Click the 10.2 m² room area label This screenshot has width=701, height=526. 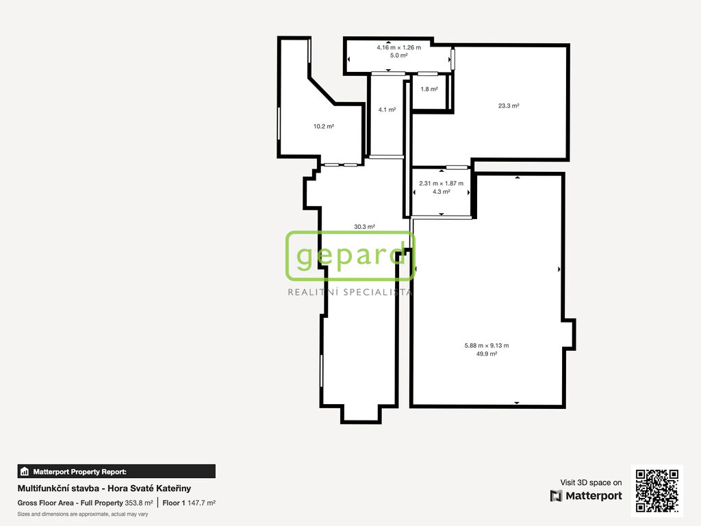(324, 127)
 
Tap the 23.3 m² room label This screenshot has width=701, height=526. (509, 106)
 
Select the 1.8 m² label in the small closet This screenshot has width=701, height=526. (429, 89)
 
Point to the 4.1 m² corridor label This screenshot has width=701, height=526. (387, 110)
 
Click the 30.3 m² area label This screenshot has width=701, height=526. (364, 227)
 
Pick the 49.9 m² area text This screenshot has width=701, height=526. (487, 354)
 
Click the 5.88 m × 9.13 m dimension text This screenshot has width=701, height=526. (487, 346)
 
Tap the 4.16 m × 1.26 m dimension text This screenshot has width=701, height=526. (399, 47)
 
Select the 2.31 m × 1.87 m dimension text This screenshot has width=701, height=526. (442, 184)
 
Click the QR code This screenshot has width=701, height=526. (657, 490)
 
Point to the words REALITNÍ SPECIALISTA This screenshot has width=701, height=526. (350, 292)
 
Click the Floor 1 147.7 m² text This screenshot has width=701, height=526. (189, 503)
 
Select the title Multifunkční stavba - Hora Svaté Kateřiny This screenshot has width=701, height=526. (104, 488)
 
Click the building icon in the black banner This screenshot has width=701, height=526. (25, 471)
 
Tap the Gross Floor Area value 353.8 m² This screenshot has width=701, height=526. (139, 503)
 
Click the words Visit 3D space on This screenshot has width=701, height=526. (591, 483)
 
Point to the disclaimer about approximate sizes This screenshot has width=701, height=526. (83, 514)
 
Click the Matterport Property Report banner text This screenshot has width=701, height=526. (79, 472)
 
